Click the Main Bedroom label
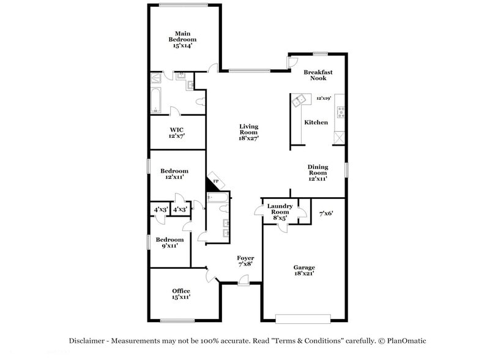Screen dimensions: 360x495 (182, 39)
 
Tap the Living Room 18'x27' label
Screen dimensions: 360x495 (248, 132)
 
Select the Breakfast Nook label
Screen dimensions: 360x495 (318, 75)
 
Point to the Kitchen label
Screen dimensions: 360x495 (316, 122)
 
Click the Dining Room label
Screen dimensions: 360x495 (318, 172)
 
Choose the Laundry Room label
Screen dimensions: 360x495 (280, 211)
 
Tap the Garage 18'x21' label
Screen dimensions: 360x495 (304, 270)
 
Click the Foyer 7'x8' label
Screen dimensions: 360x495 (245, 261)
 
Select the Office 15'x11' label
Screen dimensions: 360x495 (181, 294)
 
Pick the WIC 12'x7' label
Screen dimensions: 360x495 (177, 133)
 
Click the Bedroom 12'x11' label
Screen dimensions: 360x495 (173, 174)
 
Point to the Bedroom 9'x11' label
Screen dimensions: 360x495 (169, 242)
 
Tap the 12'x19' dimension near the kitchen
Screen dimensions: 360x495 (323, 98)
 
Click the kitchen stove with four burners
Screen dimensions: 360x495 (340, 113)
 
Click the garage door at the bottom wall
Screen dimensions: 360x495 (303, 318)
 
